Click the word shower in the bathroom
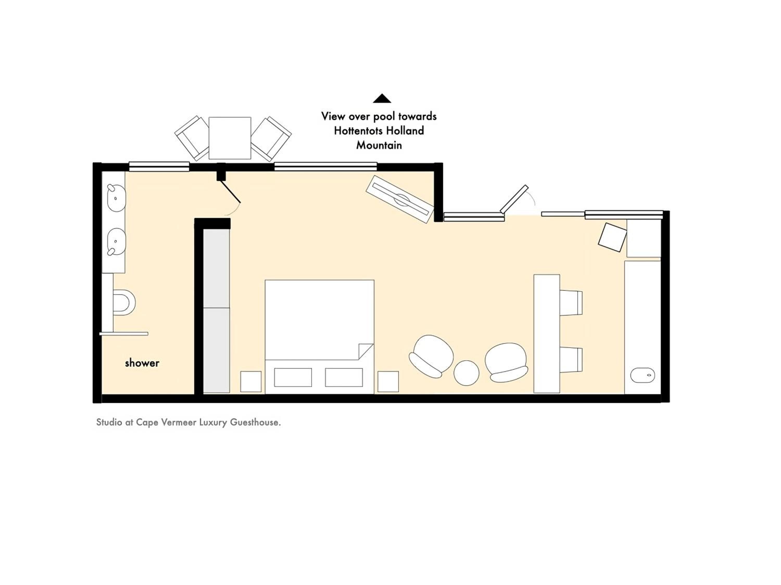142,363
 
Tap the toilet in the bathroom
124,302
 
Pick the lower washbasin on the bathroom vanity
116,242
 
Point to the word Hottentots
359,131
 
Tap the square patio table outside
230,138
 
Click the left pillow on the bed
293,377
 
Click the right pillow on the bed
344,377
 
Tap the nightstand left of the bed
251,381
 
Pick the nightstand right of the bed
388,381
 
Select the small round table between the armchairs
467,373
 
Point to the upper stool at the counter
571,303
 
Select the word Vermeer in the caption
178,422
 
